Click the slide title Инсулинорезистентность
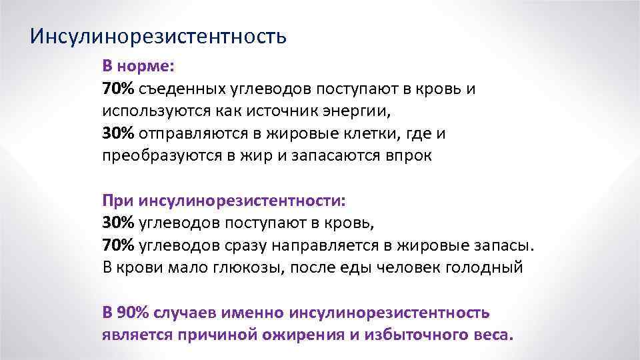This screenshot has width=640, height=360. click(x=159, y=35)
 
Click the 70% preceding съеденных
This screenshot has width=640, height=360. click(x=119, y=89)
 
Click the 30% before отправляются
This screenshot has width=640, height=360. click(x=119, y=133)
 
